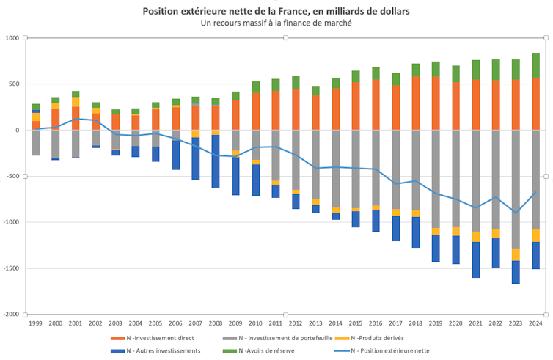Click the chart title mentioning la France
tap(276, 11)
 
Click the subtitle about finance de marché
tap(276, 23)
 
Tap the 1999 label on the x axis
tap(35, 323)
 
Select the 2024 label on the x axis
tap(535, 323)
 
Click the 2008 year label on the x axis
tap(216, 323)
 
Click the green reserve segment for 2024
tap(536, 65)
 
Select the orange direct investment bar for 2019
tap(436, 103)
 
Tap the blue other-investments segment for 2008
tap(216, 161)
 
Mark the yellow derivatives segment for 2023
tap(516, 254)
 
